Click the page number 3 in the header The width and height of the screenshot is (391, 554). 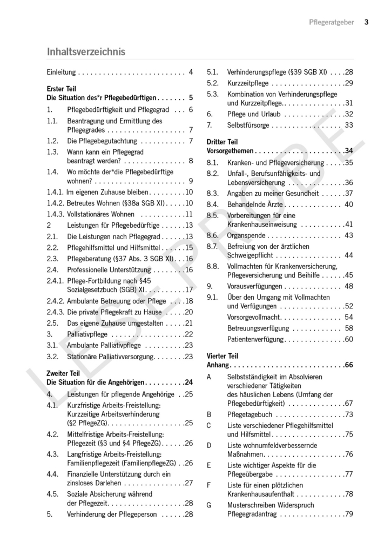[366, 22]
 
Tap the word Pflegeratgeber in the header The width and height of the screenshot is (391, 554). [332, 22]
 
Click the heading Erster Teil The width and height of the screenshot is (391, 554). [62, 88]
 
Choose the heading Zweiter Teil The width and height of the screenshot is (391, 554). [63, 373]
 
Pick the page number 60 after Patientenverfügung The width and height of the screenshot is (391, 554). [348, 339]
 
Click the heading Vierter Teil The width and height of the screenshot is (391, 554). [223, 356]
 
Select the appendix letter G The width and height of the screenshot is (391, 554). [209, 505]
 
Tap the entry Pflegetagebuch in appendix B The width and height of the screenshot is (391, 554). [250, 414]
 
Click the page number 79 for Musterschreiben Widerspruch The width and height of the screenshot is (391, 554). [348, 514]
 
